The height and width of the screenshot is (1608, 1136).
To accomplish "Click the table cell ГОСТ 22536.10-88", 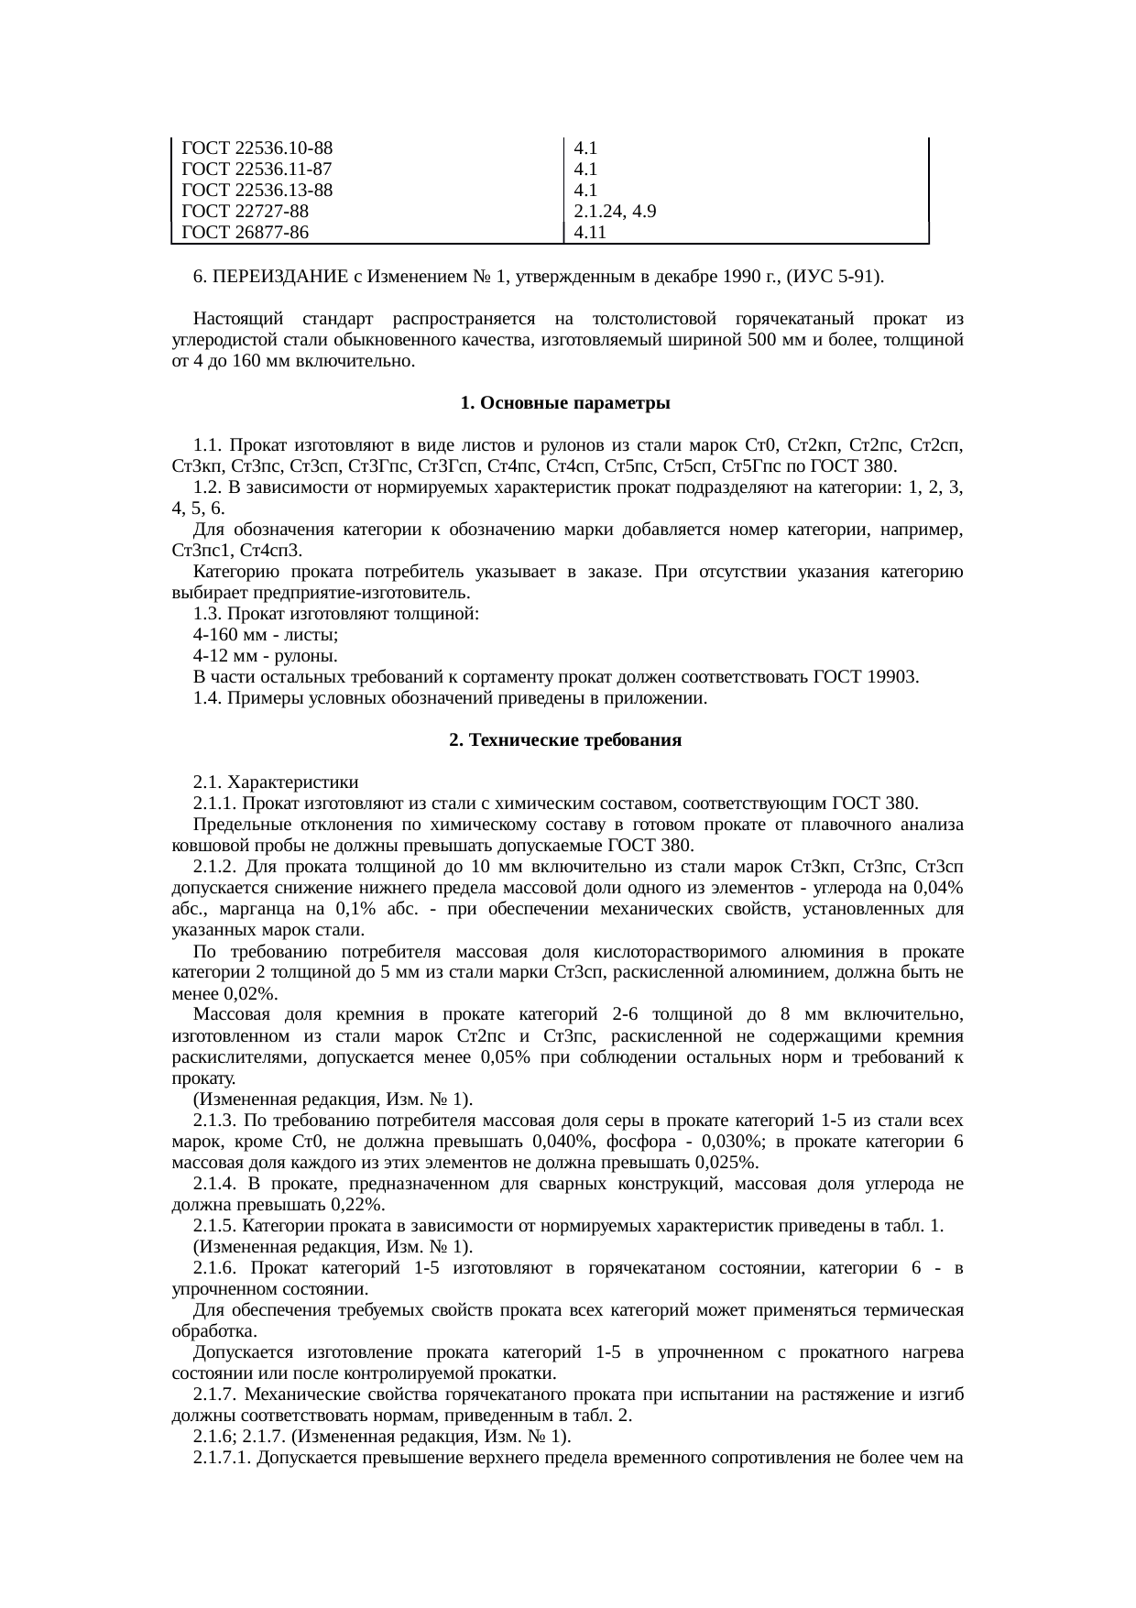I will tap(257, 148).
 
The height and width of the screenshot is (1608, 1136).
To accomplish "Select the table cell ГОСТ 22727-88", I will tap(246, 211).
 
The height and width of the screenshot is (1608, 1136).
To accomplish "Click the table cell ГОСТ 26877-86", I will tap(246, 232).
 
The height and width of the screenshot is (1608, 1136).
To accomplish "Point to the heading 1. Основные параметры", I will tap(565, 403).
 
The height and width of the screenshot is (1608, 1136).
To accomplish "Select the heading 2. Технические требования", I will tap(565, 740).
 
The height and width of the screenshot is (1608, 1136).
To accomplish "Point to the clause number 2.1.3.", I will tap(215, 1121).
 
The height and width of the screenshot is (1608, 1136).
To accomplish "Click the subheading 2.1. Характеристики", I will tap(276, 782).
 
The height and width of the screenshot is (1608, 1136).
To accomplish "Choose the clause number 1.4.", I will tap(207, 698).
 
